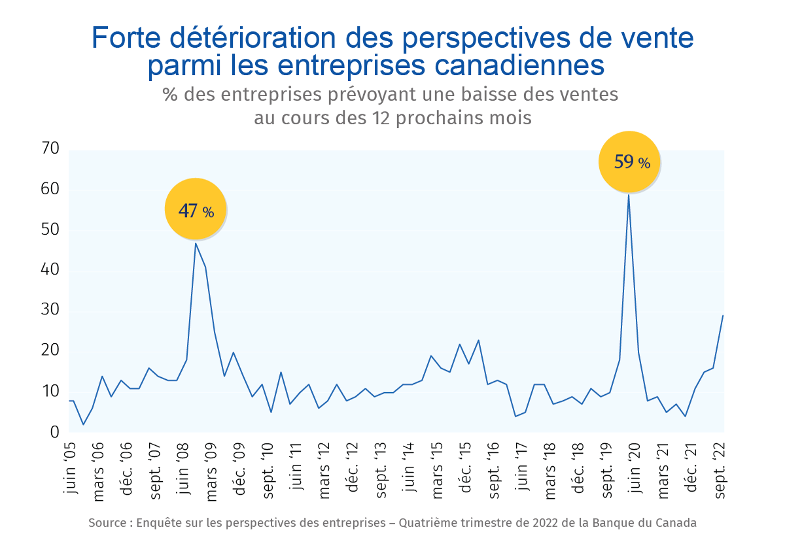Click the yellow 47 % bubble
click(x=195, y=209)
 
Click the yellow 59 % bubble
click(x=630, y=161)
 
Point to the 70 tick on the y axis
click(x=50, y=149)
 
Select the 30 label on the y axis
click(x=50, y=311)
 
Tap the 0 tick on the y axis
click(x=54, y=432)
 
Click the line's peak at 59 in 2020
click(x=629, y=194)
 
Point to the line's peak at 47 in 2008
click(x=196, y=243)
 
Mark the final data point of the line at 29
click(x=723, y=316)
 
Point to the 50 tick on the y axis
click(x=50, y=230)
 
